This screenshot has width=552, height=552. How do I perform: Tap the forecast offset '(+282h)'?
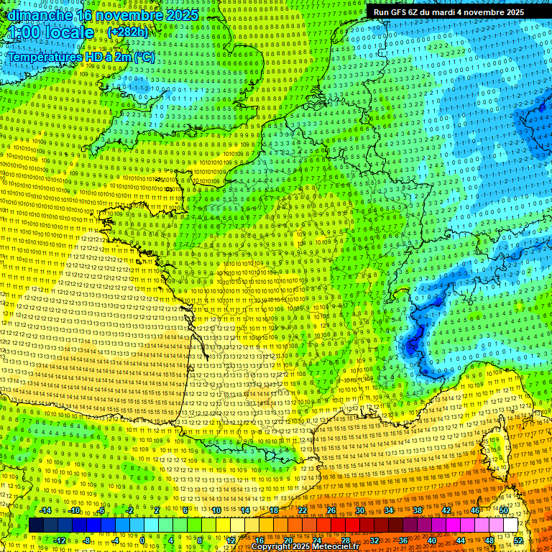coord(127,32)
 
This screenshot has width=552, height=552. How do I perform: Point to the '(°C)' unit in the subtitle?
coord(143,56)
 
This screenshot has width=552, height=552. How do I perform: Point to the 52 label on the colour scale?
coord(518,540)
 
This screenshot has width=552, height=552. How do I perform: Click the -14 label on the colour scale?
coord(45,510)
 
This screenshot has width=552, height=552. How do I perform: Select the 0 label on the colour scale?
coord(142,540)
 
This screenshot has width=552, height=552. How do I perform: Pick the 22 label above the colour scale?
coord(303,510)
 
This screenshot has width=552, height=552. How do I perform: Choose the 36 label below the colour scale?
coord(403,540)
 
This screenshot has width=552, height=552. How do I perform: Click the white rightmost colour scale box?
coord(510,525)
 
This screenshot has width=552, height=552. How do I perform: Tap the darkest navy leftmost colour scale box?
coord(36,525)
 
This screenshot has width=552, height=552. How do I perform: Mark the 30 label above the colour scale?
coord(360,510)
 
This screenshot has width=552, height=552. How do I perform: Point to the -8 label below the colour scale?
coord(88,540)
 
